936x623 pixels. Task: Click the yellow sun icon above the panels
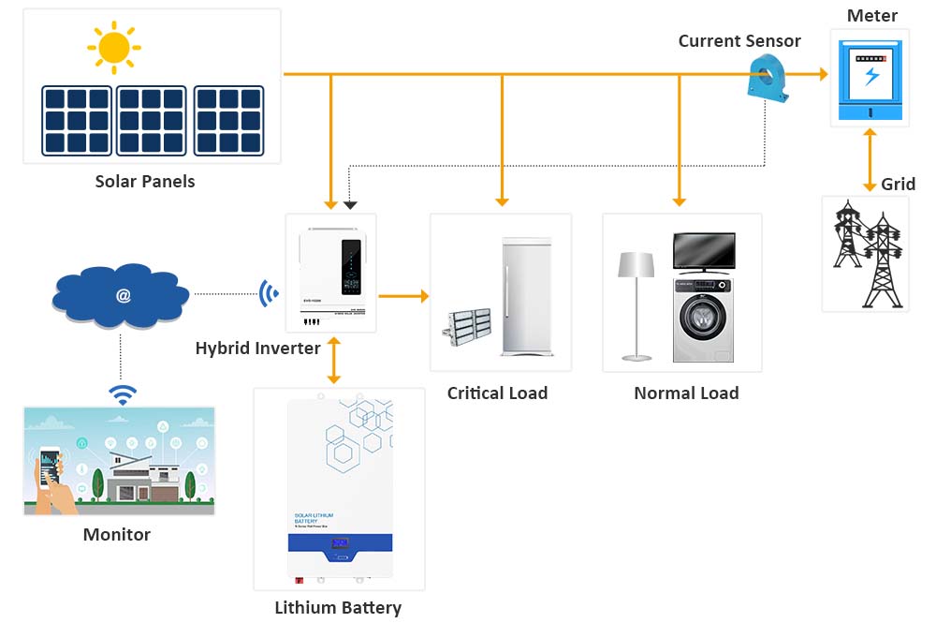[113, 47]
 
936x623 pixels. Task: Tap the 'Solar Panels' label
[145, 181]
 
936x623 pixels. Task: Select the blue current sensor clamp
[768, 75]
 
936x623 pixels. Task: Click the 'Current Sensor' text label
[739, 41]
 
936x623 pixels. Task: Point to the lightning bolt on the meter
[871, 76]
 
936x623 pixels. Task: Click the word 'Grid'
[898, 184]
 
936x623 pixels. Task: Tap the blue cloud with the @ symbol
[122, 295]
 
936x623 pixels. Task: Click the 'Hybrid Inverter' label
[257, 349]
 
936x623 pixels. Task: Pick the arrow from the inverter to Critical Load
[403, 296]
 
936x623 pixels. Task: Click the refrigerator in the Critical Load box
[527, 295]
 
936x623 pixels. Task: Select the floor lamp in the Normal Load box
[636, 304]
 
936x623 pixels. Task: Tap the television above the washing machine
[704, 251]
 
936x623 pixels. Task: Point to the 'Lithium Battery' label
[337, 608]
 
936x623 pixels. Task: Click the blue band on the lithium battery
[339, 544]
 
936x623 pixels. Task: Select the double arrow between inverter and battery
[332, 360]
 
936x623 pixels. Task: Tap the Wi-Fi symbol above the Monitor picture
[121, 393]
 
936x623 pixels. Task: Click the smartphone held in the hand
[51, 463]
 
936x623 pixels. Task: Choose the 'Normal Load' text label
[686, 393]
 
